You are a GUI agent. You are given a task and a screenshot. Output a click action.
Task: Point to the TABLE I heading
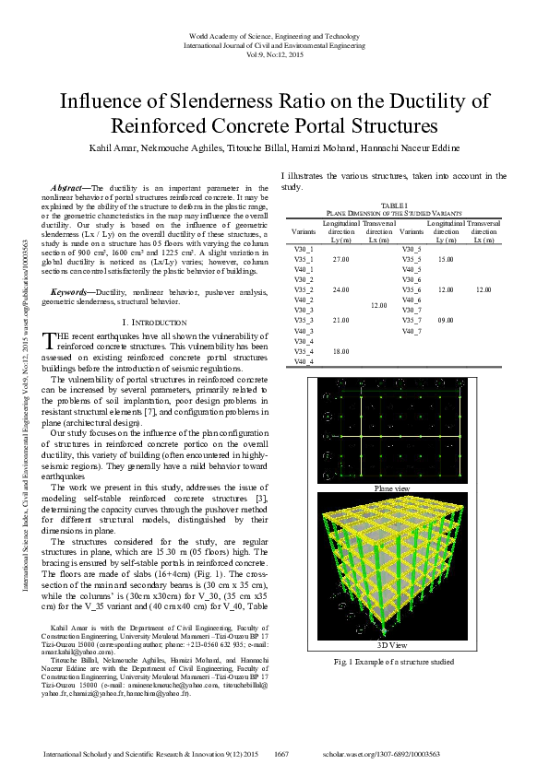coord(393,206)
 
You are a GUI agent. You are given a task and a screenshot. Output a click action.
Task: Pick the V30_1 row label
coord(304,250)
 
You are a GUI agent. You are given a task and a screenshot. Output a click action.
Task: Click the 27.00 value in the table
coord(340,260)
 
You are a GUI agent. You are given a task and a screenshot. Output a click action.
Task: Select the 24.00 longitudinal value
coord(340,289)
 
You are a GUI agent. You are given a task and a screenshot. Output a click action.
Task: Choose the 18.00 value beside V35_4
coord(340,351)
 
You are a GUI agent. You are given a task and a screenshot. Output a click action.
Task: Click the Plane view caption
coord(392,488)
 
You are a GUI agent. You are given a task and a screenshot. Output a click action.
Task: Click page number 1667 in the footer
coord(282,754)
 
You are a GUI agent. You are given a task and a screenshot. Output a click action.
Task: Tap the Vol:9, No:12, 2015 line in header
coord(274,53)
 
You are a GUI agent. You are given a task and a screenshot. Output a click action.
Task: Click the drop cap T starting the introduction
coord(61,340)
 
